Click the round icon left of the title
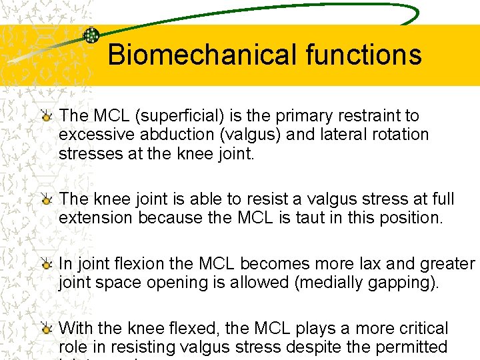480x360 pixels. (x=91, y=35)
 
